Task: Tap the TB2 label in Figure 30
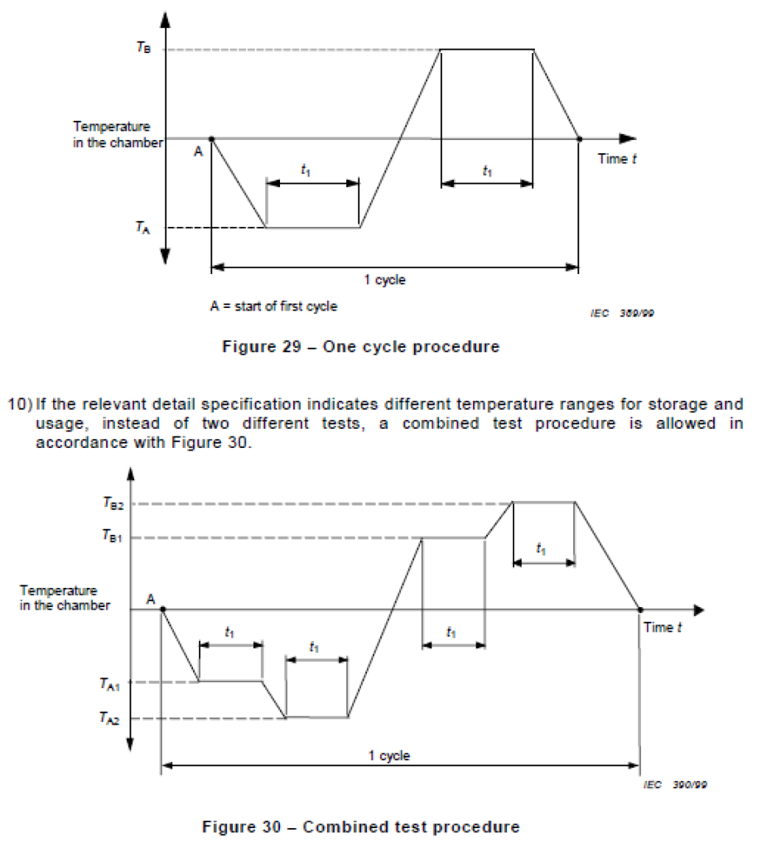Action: coord(113,503)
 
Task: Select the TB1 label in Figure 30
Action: coord(113,538)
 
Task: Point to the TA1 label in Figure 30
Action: coord(110,683)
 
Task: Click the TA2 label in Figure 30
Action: coord(110,719)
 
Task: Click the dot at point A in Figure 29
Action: coord(212,139)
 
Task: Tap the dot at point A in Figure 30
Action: coord(162,609)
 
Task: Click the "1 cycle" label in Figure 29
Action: coord(385,280)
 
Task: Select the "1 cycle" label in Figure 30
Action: coord(389,755)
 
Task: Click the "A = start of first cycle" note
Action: coord(273,306)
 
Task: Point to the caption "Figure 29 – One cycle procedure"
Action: coord(360,347)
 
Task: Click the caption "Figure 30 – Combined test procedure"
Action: coord(361,826)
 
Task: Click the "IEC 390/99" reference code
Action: coord(676,783)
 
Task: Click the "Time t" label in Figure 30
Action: coord(663,628)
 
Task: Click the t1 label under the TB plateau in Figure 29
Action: coord(487,171)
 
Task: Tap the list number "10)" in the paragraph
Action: coord(21,404)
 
